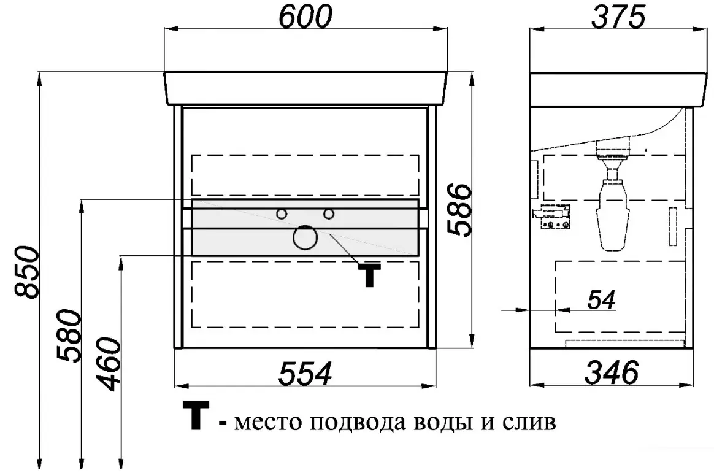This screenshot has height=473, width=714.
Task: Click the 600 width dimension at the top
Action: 305,17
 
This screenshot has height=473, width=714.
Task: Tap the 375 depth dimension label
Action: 618,17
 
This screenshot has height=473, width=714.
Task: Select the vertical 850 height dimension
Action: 27,272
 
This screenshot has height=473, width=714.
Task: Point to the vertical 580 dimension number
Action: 69,336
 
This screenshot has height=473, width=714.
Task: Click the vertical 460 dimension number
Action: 109,364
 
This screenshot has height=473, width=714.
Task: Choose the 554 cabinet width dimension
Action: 305,373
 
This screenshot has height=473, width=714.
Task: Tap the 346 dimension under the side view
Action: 612,372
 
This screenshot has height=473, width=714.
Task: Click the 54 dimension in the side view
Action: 601,299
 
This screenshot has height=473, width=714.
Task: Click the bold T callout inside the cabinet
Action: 369,274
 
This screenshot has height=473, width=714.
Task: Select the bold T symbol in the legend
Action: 196,415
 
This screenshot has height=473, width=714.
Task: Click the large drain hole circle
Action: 305,237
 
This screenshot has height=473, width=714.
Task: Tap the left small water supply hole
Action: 282,213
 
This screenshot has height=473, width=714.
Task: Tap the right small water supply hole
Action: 328,213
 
